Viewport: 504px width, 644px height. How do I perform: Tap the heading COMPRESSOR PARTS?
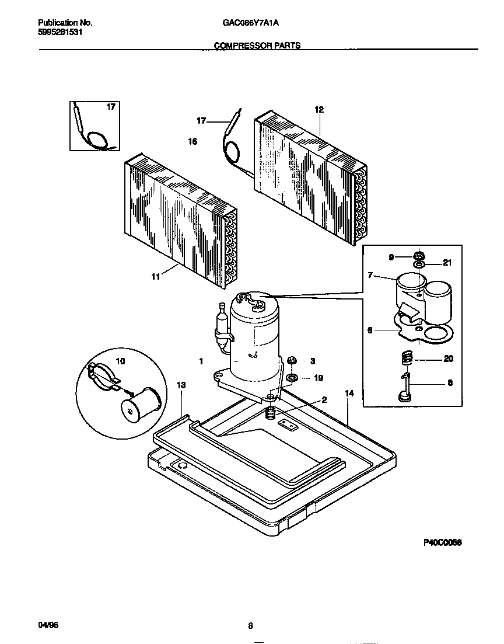(257, 46)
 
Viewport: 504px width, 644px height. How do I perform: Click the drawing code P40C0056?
(442, 542)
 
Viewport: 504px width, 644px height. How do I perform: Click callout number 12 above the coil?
(318, 109)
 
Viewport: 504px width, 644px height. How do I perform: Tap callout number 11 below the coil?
(156, 277)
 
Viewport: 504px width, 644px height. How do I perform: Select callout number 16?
(192, 141)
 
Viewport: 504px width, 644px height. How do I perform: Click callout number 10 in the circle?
(121, 362)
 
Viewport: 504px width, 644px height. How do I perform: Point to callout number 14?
(349, 394)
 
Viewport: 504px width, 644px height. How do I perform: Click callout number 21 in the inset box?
(447, 263)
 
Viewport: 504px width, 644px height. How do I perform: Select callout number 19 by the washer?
(318, 378)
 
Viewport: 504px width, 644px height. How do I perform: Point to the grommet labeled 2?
(270, 414)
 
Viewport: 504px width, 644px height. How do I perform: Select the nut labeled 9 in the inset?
(418, 255)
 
